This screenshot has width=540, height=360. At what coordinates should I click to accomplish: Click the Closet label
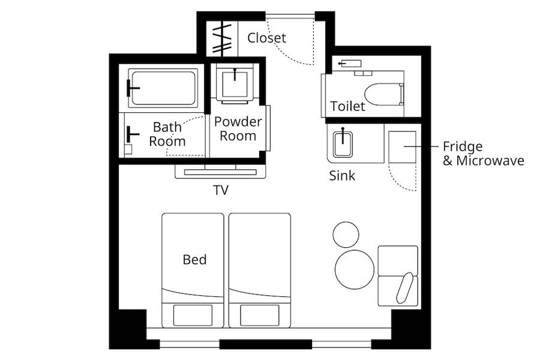tap(266, 38)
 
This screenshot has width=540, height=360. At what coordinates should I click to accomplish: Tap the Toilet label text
tap(347, 106)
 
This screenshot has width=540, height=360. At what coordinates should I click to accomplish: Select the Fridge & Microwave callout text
tap(483, 154)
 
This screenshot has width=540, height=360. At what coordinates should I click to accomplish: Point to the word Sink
tap(342, 176)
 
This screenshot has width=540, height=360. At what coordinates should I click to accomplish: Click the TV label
tap(221, 190)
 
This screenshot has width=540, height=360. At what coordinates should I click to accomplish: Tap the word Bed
tap(194, 259)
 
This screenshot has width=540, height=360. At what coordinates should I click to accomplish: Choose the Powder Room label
tap(238, 128)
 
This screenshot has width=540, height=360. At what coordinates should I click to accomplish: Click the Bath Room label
tap(167, 134)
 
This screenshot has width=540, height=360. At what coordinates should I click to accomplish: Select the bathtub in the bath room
tap(163, 88)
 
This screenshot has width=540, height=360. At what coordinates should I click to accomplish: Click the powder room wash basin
tap(235, 84)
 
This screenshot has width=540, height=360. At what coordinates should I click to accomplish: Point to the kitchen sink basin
tap(343, 144)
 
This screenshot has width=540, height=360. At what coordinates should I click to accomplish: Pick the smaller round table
tap(346, 235)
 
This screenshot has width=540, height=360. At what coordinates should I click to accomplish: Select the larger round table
tap(355, 269)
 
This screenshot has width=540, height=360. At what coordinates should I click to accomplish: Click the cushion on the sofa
tap(404, 287)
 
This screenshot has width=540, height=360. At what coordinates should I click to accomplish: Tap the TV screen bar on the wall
tap(220, 172)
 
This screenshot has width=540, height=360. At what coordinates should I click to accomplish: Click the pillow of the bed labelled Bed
tap(193, 315)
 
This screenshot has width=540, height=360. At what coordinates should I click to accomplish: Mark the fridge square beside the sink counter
tap(402, 147)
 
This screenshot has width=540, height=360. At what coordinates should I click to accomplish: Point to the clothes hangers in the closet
tap(222, 38)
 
